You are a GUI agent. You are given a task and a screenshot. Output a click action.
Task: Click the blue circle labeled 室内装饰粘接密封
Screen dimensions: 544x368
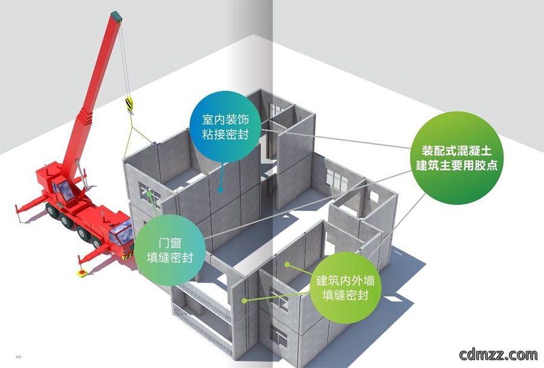pos(225,126)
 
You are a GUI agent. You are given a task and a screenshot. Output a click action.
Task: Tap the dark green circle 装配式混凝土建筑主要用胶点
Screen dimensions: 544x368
pos(456,158)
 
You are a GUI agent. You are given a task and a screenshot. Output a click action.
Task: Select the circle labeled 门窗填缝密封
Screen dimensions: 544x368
pos(170,250)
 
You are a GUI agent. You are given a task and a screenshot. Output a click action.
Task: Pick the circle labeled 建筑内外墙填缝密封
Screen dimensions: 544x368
pos(345,288)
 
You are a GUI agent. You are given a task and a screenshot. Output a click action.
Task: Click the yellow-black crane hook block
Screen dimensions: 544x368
pos(129,105)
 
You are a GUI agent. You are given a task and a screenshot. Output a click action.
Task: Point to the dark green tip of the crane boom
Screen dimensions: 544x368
pos(116,16)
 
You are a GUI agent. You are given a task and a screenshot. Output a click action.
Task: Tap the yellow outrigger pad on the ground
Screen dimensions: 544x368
pos(82,273)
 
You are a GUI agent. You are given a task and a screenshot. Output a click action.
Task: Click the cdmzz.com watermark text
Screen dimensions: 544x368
pos(498,354)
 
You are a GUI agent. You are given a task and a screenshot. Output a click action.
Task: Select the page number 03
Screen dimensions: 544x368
pos(19,357)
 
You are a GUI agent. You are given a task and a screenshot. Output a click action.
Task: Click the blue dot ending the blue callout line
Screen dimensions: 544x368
pos(220,190)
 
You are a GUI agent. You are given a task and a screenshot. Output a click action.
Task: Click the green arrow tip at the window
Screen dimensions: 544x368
pos(149,193)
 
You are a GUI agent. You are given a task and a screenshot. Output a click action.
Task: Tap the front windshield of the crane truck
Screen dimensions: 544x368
pos(121,233)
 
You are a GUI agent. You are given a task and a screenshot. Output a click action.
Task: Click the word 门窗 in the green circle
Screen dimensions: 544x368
pos(170,243)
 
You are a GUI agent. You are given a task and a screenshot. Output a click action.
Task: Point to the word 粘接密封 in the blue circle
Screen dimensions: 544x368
pos(225,134)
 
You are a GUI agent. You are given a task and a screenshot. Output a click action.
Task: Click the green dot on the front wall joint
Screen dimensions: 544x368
pos(244,301)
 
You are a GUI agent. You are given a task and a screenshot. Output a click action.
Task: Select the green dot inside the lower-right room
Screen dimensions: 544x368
pos(287,265)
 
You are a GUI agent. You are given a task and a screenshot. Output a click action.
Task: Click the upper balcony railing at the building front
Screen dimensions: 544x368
pos(203,300)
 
